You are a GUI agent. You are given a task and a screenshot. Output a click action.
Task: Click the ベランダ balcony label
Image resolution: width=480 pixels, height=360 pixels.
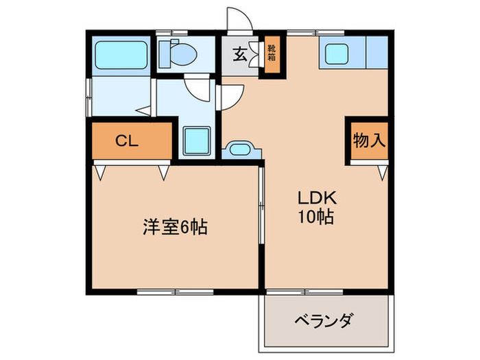[x=324, y=320]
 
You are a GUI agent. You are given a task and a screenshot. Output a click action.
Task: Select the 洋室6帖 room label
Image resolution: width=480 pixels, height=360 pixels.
[x=175, y=226]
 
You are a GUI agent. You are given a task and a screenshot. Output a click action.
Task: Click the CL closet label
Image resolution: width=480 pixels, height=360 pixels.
[x=127, y=141]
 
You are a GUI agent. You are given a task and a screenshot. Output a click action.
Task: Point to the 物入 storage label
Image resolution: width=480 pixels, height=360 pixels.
[x=369, y=141]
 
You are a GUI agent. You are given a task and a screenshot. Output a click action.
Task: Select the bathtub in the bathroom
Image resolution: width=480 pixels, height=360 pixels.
[x=121, y=54]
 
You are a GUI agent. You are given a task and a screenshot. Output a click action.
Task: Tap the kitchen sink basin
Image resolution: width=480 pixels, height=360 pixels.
[x=340, y=53]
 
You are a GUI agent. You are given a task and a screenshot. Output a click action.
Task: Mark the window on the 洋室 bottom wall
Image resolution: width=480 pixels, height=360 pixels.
[x=175, y=291]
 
